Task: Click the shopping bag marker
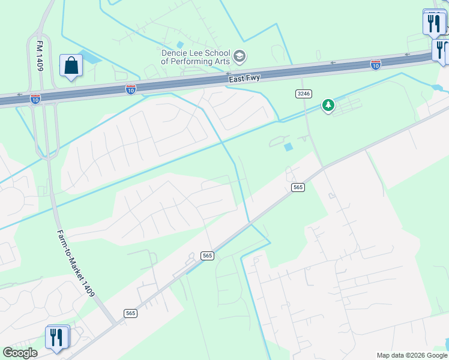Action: (x=71, y=65)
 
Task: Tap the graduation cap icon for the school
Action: (x=240, y=56)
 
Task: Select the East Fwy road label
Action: (x=243, y=78)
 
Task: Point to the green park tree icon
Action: (x=328, y=106)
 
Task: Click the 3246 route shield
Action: (x=303, y=93)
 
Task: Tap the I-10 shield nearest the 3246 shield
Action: (x=376, y=64)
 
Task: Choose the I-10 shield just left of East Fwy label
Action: (x=131, y=89)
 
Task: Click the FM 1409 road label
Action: (x=40, y=55)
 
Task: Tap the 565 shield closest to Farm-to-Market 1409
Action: (x=131, y=313)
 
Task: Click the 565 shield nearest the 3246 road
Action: (x=298, y=187)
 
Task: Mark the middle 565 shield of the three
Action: (x=207, y=256)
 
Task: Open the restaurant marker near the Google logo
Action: (x=57, y=337)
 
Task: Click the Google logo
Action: (x=20, y=353)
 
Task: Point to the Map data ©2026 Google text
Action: (x=412, y=355)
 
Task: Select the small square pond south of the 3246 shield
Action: (x=288, y=147)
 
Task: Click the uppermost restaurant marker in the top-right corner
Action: (x=433, y=23)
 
